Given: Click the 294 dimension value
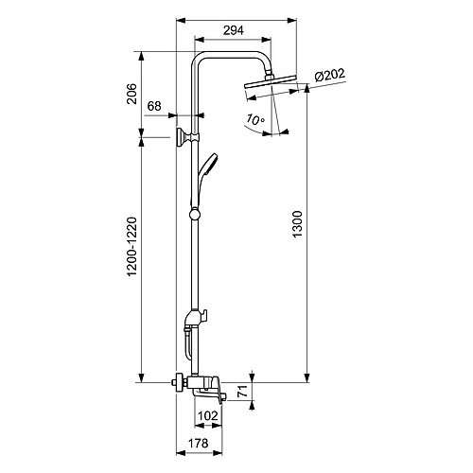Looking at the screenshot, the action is point(234,30).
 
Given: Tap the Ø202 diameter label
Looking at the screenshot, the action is point(330,75).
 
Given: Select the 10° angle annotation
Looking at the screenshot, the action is point(255,119).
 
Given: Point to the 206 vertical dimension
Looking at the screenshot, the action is point(131,94).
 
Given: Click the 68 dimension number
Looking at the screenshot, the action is point(154,106).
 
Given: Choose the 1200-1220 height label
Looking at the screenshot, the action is point(131,247).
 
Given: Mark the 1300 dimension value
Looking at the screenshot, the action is point(297,224).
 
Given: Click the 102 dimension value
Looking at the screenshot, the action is point(208,416).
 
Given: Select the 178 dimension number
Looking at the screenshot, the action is point(199,443).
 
